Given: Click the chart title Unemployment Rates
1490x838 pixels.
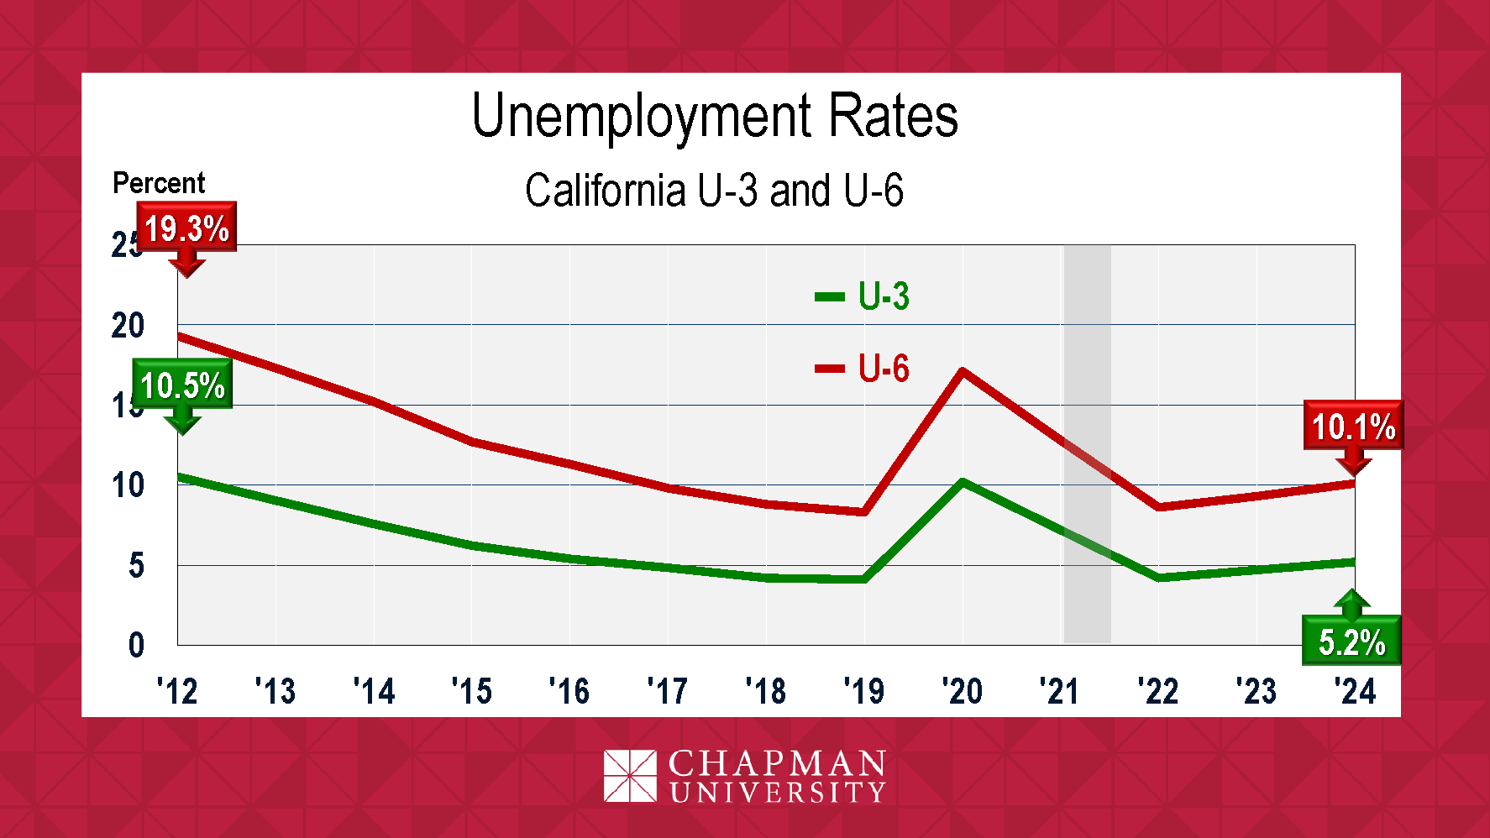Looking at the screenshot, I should click(715, 116).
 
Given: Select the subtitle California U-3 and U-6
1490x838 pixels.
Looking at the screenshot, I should click(714, 190).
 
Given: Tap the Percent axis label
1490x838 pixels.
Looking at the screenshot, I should click(159, 183).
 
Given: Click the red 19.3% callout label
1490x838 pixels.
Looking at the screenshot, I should click(186, 228).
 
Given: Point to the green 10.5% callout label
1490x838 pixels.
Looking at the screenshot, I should click(182, 385).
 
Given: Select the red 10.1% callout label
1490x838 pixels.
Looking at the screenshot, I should click(1353, 427).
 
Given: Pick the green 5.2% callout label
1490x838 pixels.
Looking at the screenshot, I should click(1351, 642).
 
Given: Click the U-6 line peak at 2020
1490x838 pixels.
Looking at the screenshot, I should click(963, 371).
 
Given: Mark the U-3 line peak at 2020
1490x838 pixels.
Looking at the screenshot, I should click(963, 483).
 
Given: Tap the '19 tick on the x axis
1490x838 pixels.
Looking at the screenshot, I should click(864, 691).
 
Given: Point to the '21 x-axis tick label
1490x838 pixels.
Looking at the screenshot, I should click(1060, 691).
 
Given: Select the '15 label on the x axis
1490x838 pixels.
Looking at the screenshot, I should click(472, 691).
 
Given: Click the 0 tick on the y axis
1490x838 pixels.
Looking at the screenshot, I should click(136, 645).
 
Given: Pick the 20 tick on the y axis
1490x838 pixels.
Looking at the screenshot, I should click(128, 325).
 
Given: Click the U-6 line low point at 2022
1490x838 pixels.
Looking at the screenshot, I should click(1159, 507).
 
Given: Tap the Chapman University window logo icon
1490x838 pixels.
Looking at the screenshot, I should click(630, 776).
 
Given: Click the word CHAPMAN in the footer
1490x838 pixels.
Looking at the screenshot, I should click(777, 763).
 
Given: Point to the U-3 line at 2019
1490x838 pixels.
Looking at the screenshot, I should click(864, 579).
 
